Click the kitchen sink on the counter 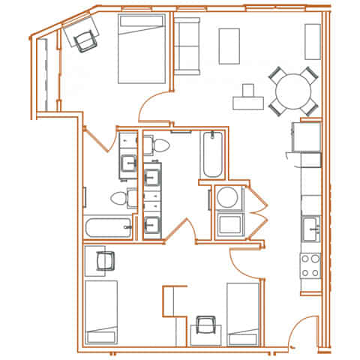[x=310, y=226]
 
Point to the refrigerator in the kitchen [x=306, y=136]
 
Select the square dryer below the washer [x=227, y=223]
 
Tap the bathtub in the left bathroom [x=109, y=228]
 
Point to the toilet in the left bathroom [x=120, y=199]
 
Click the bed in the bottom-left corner [x=100, y=311]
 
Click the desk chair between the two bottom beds [x=205, y=326]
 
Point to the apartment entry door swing [x=300, y=334]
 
